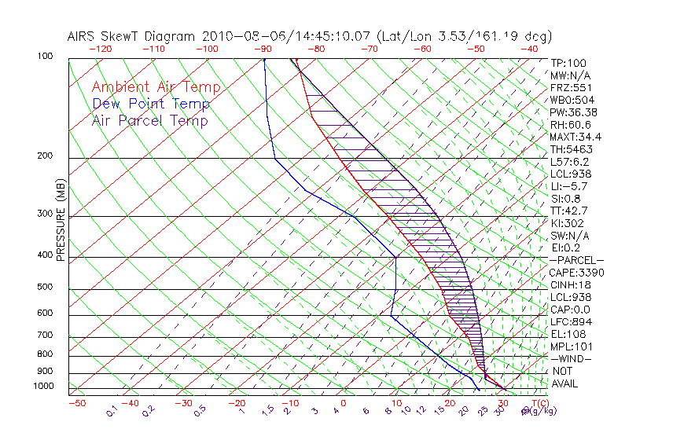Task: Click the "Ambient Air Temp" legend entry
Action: click(x=156, y=87)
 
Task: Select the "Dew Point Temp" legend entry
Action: click(x=151, y=104)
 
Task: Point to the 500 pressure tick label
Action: click(x=44, y=288)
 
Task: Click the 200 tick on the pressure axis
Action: click(x=44, y=156)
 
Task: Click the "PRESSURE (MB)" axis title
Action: click(x=61, y=220)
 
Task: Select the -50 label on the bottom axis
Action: click(x=76, y=403)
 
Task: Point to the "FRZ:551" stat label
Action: click(x=571, y=87)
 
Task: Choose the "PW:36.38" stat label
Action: click(x=573, y=112)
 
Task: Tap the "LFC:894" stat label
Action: click(x=571, y=322)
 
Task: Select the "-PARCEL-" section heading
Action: click(x=576, y=260)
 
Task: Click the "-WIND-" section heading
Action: click(x=571, y=359)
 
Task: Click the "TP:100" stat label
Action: click(x=568, y=63)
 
